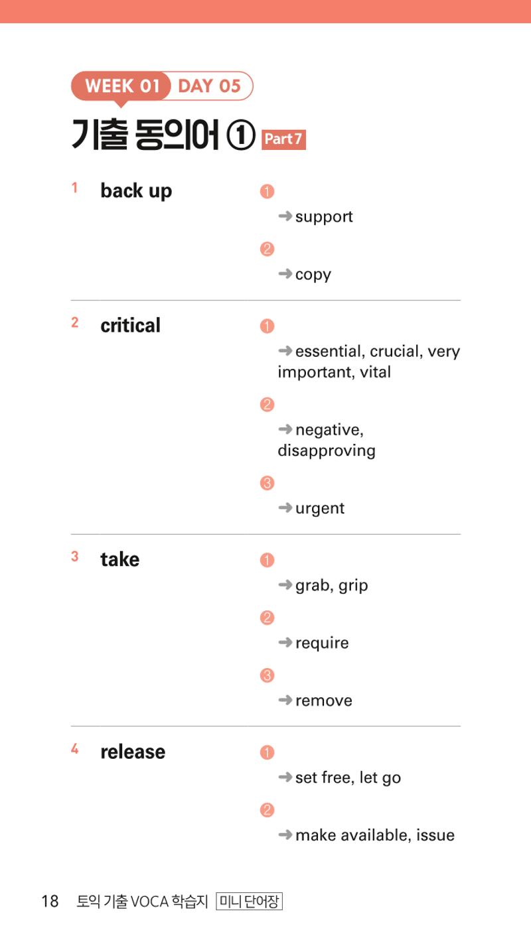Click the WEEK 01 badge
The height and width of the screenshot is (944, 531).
pos(121,86)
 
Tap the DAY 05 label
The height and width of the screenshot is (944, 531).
pos(210,86)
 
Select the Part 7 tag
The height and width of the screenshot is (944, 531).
pos(283,139)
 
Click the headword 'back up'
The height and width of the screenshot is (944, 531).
pos(136,191)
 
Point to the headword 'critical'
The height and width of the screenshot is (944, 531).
pos(130,325)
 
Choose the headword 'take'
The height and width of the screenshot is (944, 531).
pos(119,560)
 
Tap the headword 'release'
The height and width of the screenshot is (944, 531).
pos(133,752)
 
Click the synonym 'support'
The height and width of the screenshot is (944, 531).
pos(324,217)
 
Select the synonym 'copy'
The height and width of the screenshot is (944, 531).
pos(313,275)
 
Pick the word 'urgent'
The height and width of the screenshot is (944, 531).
pos(320,509)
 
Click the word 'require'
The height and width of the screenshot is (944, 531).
pos(322,643)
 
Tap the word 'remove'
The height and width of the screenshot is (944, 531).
pos(324,701)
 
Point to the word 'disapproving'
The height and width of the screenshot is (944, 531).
pos(327,451)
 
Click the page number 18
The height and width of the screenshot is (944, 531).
pos(50,902)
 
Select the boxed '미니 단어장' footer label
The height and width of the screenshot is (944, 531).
pos(250,902)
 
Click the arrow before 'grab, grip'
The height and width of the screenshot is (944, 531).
pos(285,584)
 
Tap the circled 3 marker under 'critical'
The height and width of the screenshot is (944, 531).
pos(267,483)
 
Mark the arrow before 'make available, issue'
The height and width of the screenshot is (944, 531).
pos(285,835)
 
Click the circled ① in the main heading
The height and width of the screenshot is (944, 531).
pos(241,136)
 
